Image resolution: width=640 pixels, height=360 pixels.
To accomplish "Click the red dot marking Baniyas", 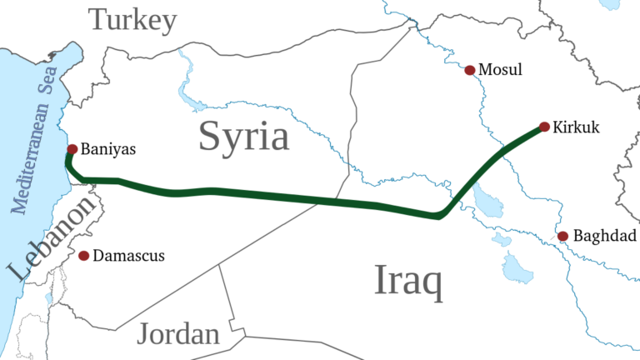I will (x=72, y=149).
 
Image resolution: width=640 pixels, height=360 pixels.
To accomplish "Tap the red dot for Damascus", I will (x=83, y=255).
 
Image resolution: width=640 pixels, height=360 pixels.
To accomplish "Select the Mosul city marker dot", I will (x=470, y=70).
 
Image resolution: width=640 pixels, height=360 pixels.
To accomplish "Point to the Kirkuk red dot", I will (x=544, y=127).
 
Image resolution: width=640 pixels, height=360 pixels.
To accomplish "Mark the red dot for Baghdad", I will (x=563, y=237).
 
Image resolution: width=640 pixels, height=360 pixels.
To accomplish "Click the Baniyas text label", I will (x=108, y=150).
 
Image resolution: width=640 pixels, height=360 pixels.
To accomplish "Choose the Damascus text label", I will (x=128, y=256).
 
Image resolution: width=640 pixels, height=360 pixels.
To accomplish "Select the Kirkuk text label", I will (x=577, y=127).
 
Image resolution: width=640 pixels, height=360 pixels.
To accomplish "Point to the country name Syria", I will (x=243, y=136).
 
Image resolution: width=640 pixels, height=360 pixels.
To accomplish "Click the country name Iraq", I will (x=408, y=282).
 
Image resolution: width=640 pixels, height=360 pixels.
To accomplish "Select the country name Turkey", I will (x=133, y=19).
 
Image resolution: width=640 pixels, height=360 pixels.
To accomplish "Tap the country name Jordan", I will (x=178, y=334).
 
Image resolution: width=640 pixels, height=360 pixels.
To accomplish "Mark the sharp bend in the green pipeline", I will (x=438, y=217).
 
